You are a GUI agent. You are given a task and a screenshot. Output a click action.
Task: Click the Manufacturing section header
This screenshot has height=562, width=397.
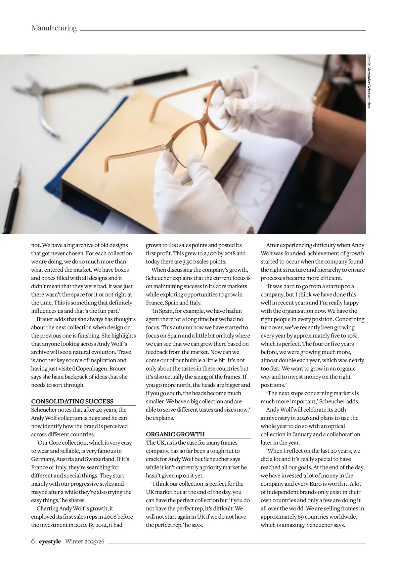[x=54, y=28]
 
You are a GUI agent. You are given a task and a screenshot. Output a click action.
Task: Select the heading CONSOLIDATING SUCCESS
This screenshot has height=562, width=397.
[x=72, y=401]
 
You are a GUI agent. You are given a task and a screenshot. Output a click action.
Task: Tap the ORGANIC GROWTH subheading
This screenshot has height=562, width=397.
[x=175, y=434]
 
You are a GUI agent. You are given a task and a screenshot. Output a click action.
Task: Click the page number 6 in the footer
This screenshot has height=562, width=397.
[x=33, y=542]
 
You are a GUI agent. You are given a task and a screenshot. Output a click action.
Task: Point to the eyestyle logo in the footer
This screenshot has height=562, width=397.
[x=50, y=542]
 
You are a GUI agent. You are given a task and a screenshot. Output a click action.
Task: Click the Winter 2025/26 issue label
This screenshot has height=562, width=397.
[x=85, y=542]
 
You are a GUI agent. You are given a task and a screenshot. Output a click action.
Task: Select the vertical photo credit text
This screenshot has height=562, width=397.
[x=369, y=81]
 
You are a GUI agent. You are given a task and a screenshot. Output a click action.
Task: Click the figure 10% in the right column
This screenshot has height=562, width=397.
[x=353, y=336]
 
